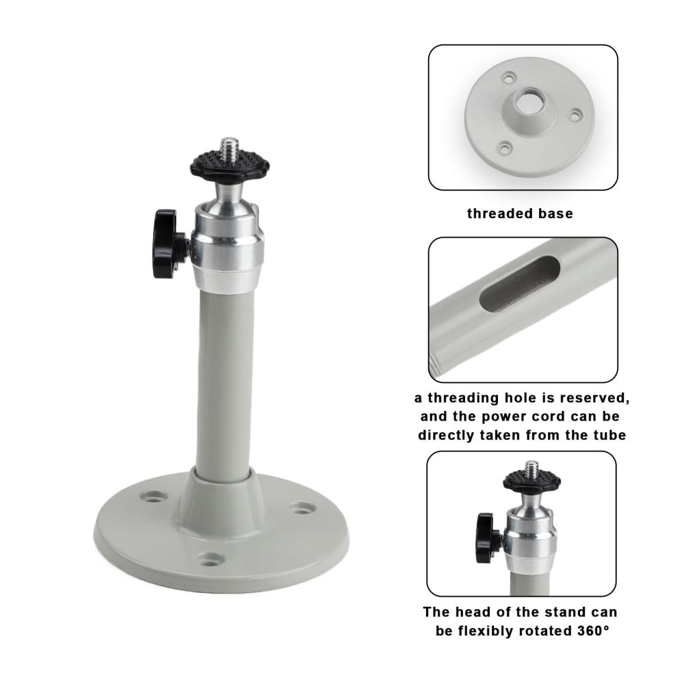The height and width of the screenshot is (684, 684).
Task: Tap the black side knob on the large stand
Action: pos(166,244)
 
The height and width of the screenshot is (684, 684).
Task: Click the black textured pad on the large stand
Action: pos(229,165)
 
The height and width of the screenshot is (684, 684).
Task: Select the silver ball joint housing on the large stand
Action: pos(228,244)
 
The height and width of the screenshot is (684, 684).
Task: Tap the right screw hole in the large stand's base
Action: pos(303,508)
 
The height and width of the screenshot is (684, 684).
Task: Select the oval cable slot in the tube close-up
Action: pos(520,284)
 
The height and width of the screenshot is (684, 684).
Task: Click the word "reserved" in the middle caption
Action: pos(595,398)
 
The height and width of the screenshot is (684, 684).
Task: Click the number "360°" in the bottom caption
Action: pos(593,631)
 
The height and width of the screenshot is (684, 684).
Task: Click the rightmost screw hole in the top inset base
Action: pos(576,115)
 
